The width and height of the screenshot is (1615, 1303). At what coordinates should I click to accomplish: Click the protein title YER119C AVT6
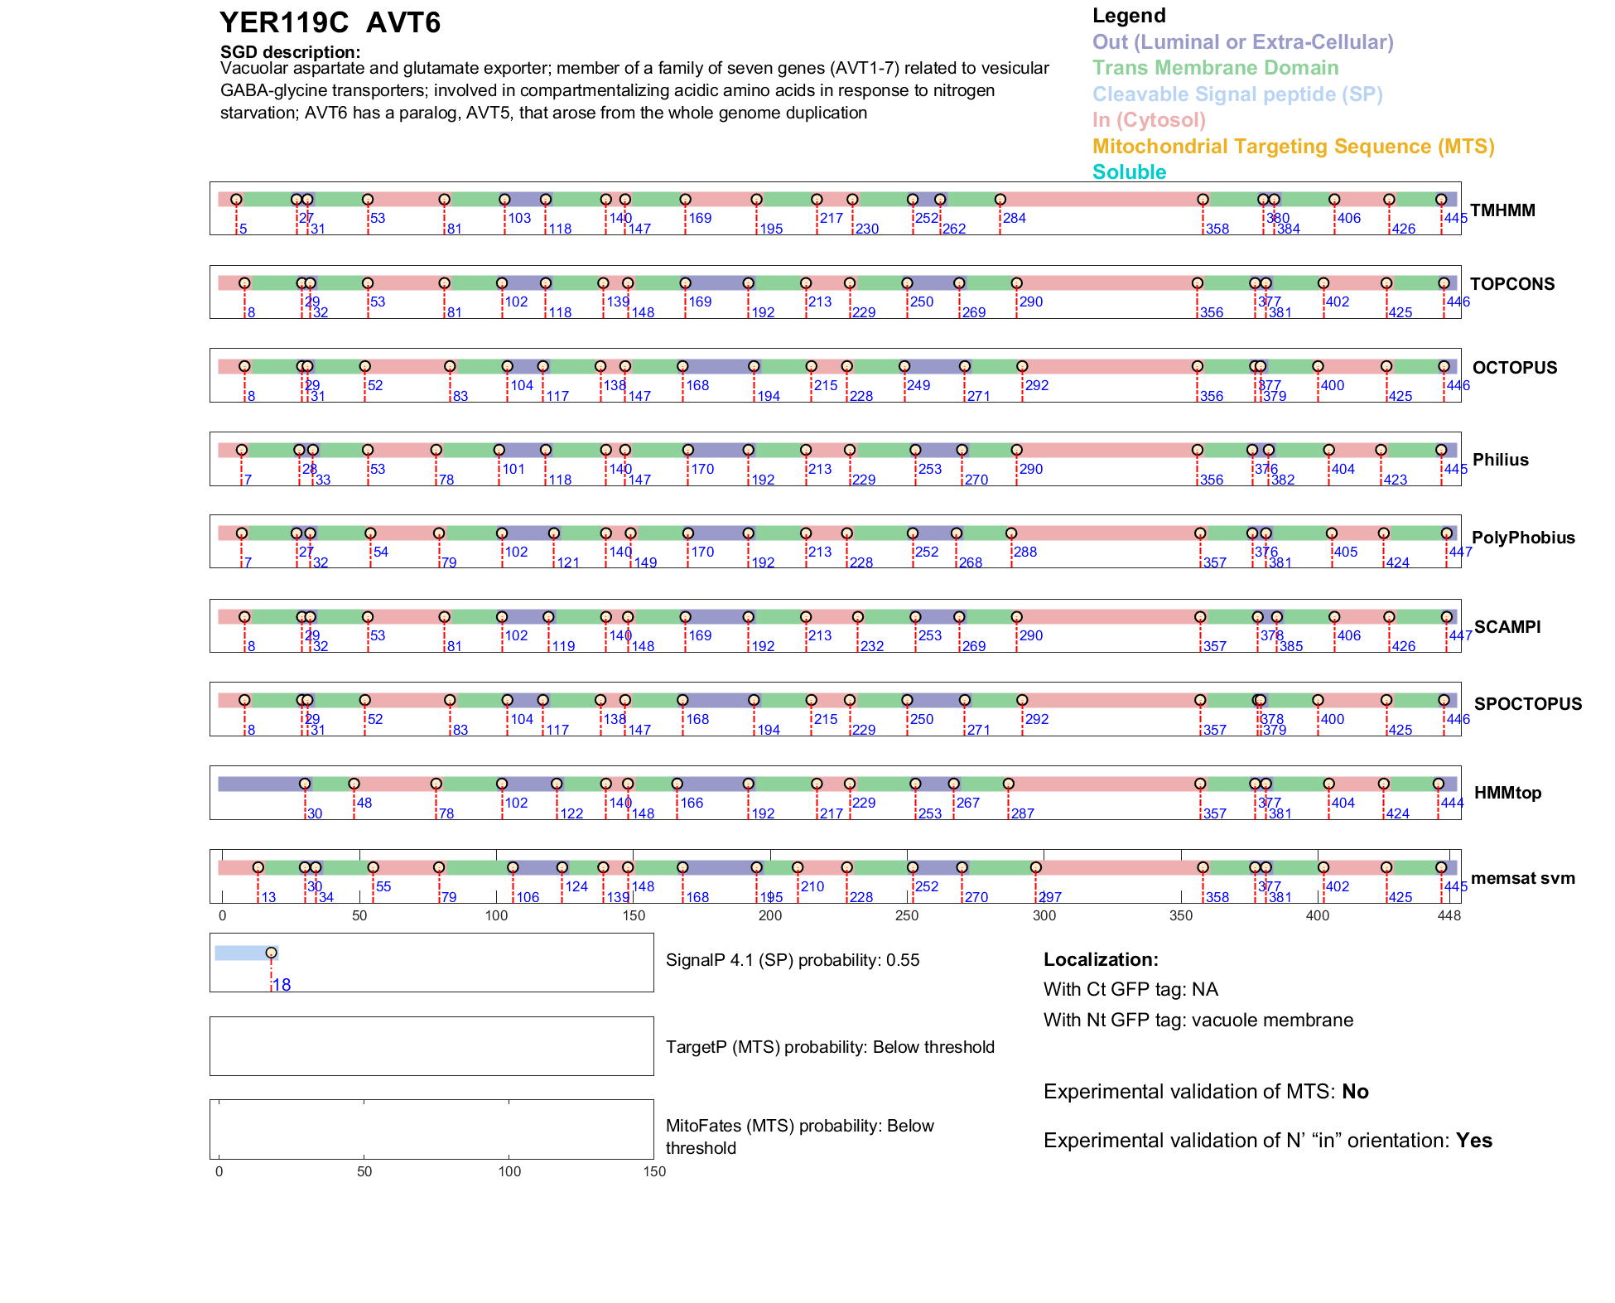pyautogui.click(x=330, y=23)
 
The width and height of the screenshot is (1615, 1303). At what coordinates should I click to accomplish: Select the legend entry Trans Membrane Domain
pyautogui.click(x=1215, y=68)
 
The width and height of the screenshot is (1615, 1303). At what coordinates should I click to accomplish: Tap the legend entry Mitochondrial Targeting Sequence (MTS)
pyautogui.click(x=1293, y=147)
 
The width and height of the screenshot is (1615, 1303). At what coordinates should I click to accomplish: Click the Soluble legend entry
pyautogui.click(x=1129, y=172)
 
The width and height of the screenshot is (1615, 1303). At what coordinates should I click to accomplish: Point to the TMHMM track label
pyautogui.click(x=1502, y=210)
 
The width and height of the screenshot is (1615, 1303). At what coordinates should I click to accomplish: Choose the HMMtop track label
pyautogui.click(x=1507, y=793)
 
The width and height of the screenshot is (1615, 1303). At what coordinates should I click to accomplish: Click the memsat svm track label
pyautogui.click(x=1522, y=878)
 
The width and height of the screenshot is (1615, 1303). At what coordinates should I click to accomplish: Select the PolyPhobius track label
pyautogui.click(x=1523, y=538)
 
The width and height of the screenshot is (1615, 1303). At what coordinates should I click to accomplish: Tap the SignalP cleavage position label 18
pyautogui.click(x=282, y=985)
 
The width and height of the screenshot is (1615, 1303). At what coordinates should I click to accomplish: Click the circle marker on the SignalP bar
pyautogui.click(x=271, y=953)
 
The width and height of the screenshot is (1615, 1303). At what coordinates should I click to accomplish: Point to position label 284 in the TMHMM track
pyautogui.click(x=1015, y=218)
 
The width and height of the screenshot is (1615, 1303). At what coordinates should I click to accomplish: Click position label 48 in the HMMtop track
pyautogui.click(x=364, y=803)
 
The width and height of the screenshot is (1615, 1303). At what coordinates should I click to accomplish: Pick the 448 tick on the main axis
pyautogui.click(x=1449, y=915)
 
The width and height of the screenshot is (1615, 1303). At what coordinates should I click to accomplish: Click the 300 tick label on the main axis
pyautogui.click(x=1044, y=915)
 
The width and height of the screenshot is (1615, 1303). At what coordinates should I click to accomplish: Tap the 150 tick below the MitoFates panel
pyautogui.click(x=654, y=1171)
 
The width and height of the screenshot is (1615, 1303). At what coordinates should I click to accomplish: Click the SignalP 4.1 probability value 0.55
pyautogui.click(x=903, y=960)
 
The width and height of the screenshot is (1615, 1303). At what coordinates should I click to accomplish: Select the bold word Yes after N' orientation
pyautogui.click(x=1474, y=1141)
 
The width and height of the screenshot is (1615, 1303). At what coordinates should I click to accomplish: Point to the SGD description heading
pyautogui.click(x=290, y=52)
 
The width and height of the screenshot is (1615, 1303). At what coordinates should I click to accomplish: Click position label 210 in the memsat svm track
pyautogui.click(x=812, y=886)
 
